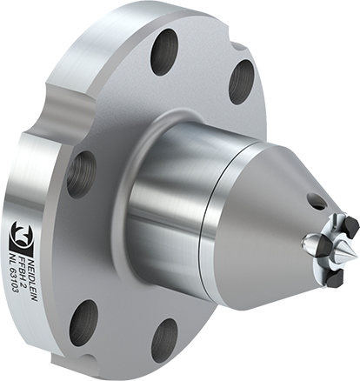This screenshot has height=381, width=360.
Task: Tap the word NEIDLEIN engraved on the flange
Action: pos(34,277)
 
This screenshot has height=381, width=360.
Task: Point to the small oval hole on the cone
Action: pos(316,200)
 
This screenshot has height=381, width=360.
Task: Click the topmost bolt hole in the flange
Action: pos(164,53)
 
